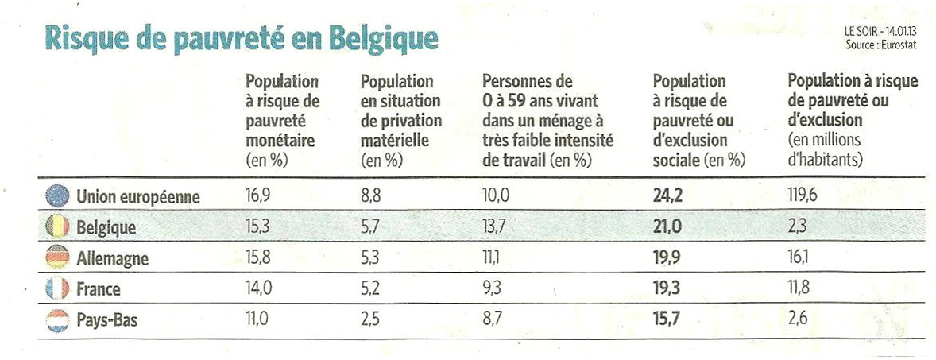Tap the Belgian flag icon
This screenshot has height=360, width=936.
point(57,227)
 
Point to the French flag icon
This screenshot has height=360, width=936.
point(57,290)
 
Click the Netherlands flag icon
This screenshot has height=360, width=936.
point(57,321)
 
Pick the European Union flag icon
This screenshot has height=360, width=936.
point(57,195)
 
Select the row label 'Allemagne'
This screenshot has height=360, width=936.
point(112,259)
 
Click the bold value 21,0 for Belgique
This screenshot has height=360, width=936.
point(667,227)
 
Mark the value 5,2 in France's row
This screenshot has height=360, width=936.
point(370,290)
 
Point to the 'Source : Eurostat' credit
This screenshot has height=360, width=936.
point(881,46)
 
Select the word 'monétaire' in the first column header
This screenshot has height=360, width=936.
point(280,141)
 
